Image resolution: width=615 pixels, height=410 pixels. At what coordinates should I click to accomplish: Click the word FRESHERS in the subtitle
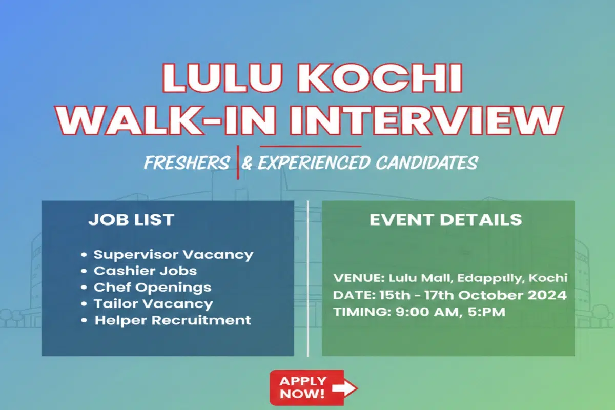point(187,163)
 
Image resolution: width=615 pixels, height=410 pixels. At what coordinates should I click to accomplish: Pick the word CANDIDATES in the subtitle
point(426,163)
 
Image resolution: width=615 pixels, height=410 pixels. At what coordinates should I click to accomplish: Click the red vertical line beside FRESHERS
point(238,162)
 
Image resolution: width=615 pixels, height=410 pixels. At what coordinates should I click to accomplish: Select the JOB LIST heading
point(131,220)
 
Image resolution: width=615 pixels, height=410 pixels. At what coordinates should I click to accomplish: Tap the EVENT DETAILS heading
point(445,220)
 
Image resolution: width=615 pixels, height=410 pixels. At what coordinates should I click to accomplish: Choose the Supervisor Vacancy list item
point(173,254)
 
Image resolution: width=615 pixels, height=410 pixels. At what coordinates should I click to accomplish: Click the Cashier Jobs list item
point(145,271)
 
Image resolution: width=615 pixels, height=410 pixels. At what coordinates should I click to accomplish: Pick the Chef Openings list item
point(152,287)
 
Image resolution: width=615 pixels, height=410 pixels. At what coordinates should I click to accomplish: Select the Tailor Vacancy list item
point(153,303)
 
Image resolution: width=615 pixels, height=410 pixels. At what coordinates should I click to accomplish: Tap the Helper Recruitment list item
point(173,321)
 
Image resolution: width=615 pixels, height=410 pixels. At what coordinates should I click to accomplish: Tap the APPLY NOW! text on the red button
point(302,388)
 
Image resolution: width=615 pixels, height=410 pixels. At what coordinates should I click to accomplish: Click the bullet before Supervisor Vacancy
point(85,255)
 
